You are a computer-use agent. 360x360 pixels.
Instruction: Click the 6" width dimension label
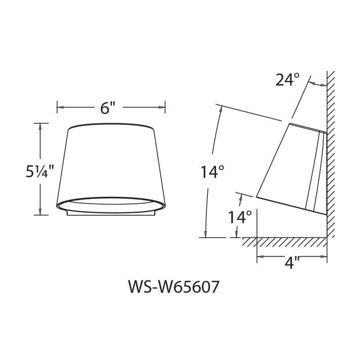[x=108, y=108]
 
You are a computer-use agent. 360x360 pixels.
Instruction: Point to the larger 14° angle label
[x=212, y=172]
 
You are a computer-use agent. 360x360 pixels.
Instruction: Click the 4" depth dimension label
[x=292, y=264]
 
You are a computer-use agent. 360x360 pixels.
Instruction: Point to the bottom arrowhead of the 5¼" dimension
[x=41, y=212]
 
